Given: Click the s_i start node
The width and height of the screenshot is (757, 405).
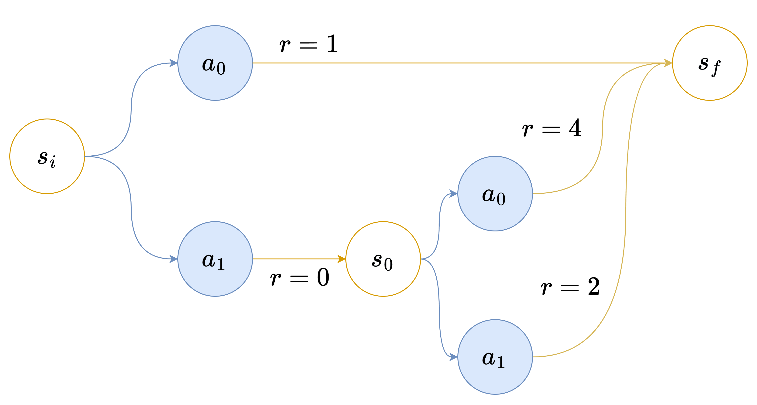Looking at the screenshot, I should click(47, 156).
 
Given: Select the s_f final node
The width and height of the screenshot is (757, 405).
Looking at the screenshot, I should click(710, 63).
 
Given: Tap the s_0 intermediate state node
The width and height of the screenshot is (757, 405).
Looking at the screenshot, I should click(383, 259).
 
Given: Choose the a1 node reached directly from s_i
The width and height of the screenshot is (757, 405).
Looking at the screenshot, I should click(215, 259).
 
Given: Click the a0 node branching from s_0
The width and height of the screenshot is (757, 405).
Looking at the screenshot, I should click(495, 194).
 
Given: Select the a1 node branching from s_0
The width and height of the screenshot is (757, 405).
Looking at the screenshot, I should click(495, 357).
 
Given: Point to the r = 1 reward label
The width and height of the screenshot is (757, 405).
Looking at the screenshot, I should click(308, 44).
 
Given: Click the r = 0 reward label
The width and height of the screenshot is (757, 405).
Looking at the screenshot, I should click(300, 278).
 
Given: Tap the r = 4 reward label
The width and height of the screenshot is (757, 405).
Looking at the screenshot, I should click(552, 128).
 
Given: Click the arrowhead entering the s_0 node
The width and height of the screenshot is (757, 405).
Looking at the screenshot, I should click(341, 259).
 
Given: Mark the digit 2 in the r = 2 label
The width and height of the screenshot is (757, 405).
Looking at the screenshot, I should click(594, 286).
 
